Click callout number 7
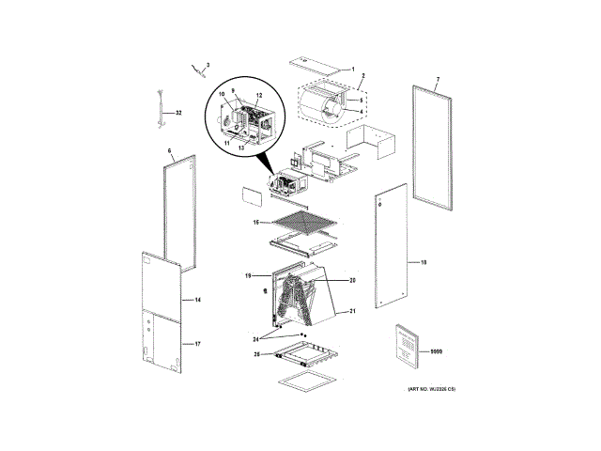click(438, 80)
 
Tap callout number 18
click(423, 260)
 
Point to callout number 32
click(177, 113)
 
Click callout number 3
click(208, 63)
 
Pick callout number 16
click(255, 223)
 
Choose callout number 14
click(198, 299)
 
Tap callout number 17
click(198, 344)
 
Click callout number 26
click(255, 354)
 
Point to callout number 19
click(249, 275)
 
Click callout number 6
click(170, 150)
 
